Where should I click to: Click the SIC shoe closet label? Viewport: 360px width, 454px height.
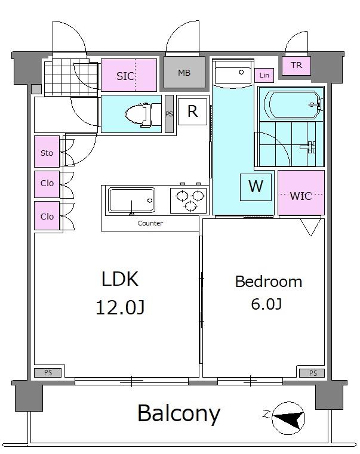coord(125,76)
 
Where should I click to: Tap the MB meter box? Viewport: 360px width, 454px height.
coord(184,72)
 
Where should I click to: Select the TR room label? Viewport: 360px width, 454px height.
coord(297,65)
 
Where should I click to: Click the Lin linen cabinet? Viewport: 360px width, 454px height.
coord(264,76)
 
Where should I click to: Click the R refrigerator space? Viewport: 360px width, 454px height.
coord(192,112)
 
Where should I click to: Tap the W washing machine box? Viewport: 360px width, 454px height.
coord(256,187)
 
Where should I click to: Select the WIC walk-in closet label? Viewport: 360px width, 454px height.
coord(301,196)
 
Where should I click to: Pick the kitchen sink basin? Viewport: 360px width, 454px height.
coord(131,200)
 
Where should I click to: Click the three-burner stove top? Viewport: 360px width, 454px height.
coord(189,200)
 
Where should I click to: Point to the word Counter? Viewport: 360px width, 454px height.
coord(150,223)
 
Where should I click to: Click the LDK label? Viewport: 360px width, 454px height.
coord(120,279)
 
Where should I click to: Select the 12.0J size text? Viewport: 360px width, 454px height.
coord(120,307)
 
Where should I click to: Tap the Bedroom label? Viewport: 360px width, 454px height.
coord(269,282)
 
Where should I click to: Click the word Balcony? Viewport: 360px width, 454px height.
coord(179,414)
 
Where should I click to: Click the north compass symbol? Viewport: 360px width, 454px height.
coord(288,418)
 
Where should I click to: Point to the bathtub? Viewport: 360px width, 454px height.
coord(293,105)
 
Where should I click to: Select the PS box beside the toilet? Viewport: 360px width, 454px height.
coord(169,114)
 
